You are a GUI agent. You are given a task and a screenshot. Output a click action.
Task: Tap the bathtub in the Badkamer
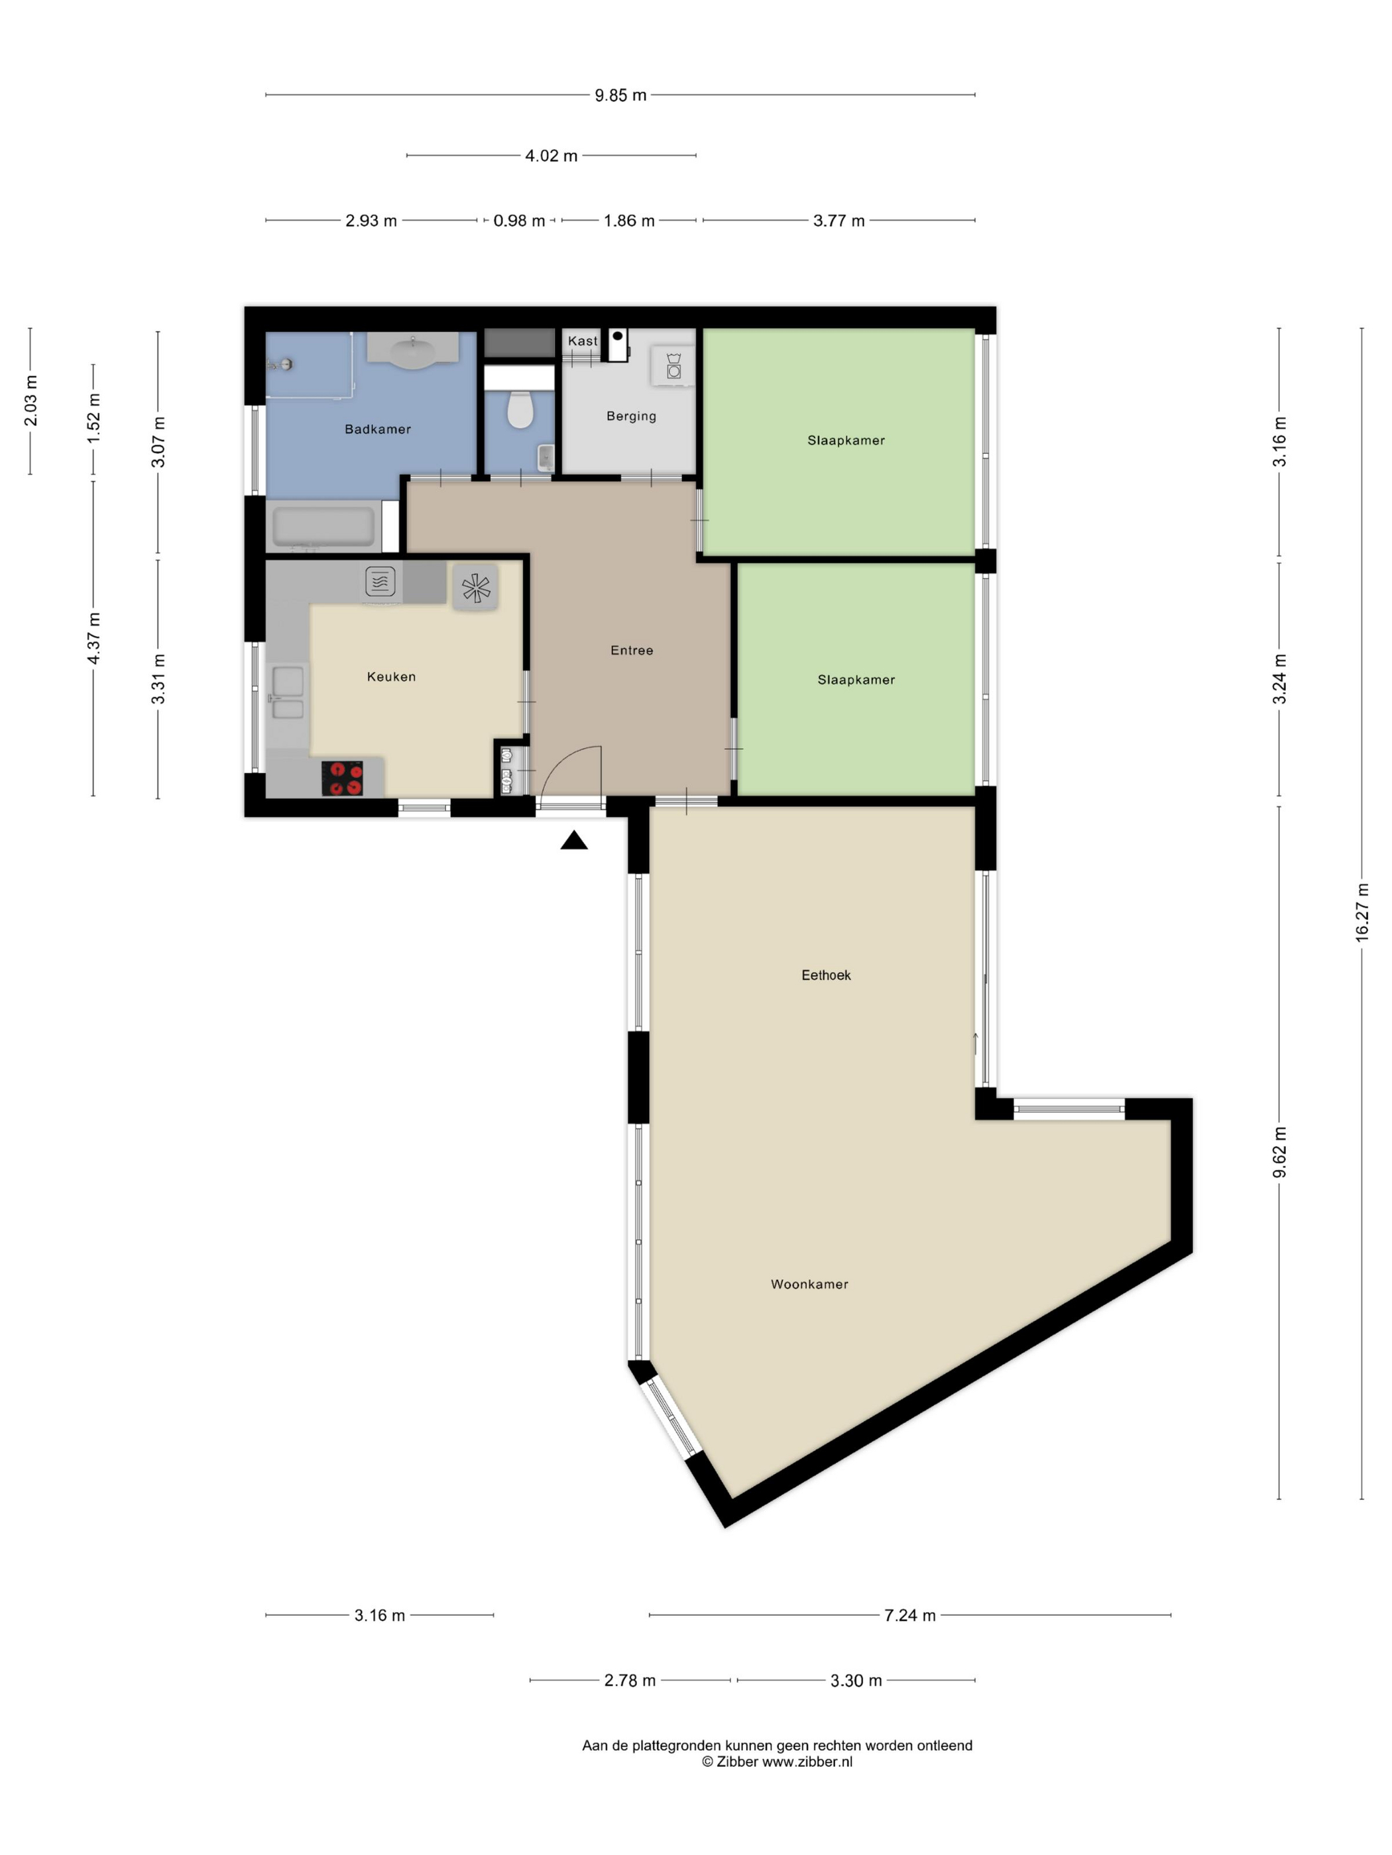tap(323, 527)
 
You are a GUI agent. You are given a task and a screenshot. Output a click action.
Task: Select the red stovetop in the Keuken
tap(342, 778)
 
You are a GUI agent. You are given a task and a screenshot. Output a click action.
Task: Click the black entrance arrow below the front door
tap(574, 839)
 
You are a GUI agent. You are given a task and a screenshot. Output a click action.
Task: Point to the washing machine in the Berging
tap(673, 366)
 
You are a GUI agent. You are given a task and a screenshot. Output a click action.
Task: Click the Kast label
tap(582, 341)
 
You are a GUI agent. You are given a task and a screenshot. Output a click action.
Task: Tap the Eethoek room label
tap(826, 975)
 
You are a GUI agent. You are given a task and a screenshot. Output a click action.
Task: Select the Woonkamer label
tap(809, 1284)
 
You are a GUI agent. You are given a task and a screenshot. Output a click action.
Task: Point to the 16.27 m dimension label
tap(1362, 912)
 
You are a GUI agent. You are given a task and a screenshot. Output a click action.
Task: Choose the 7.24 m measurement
tap(909, 1615)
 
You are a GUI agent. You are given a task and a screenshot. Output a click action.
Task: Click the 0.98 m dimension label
tap(518, 221)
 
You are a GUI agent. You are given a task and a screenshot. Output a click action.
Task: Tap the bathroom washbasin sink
tap(412, 350)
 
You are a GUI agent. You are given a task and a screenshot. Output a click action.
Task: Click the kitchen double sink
tap(288, 693)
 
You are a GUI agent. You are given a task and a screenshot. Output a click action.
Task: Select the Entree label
tap(631, 650)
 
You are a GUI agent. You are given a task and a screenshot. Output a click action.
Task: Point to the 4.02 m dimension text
tap(551, 156)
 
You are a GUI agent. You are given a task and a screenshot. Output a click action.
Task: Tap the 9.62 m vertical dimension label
tap(1279, 1151)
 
